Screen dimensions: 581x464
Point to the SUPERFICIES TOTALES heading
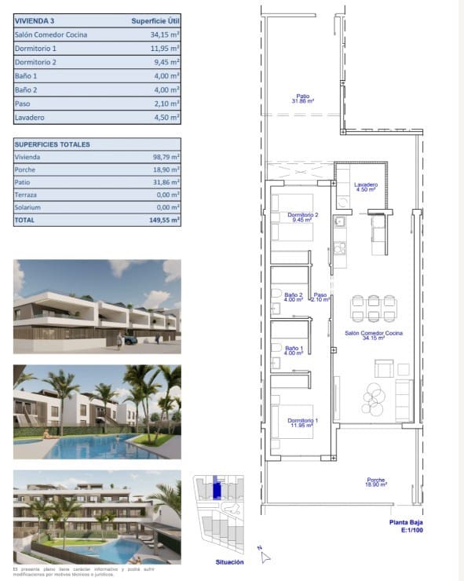click(x=52, y=144)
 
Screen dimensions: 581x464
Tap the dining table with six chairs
click(x=373, y=307)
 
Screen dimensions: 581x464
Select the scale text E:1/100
click(x=407, y=532)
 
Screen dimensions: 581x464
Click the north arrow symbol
click(x=265, y=556)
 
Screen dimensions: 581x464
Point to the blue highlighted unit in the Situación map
click(x=217, y=488)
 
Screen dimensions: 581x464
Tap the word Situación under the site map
click(x=229, y=562)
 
